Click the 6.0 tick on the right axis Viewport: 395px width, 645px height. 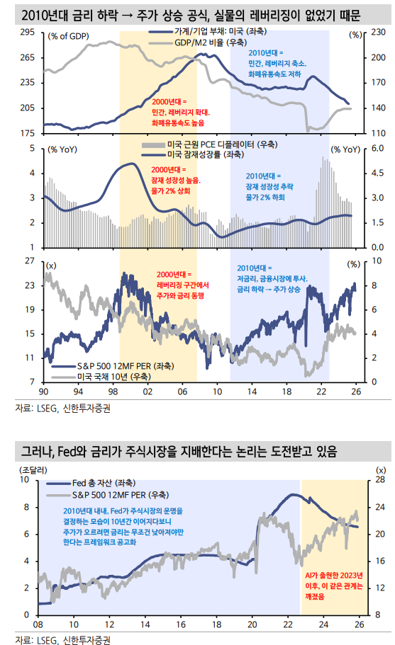coord(377,149)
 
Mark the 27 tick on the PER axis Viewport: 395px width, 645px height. coord(29,261)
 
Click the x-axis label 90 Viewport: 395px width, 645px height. coord(43,392)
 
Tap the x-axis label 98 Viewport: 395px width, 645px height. coord(113,392)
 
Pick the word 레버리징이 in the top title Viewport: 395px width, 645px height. coord(279,13)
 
